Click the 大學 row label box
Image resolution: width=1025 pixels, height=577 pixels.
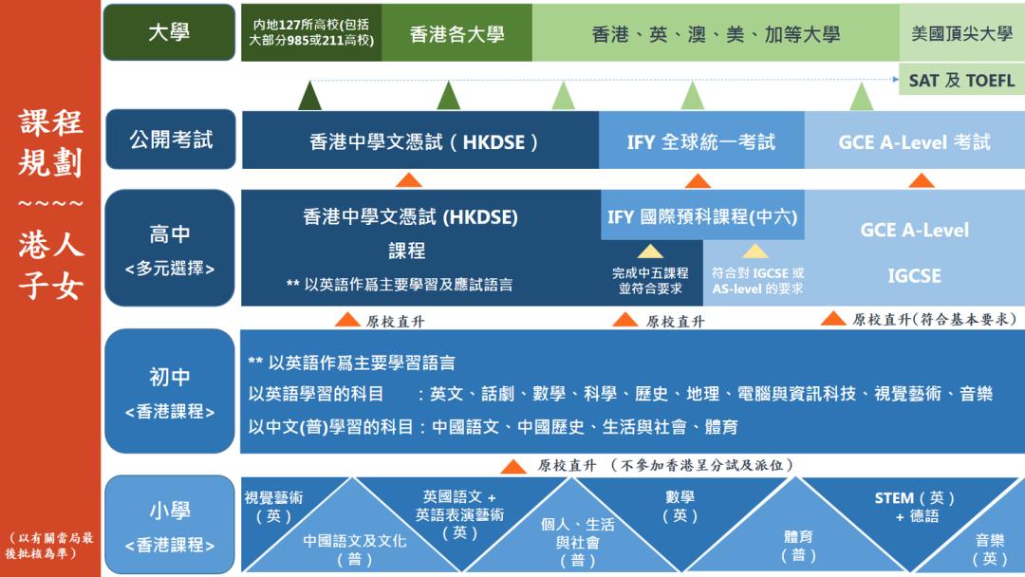pyautogui.click(x=169, y=32)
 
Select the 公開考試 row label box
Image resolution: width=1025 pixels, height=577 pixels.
pyautogui.click(x=170, y=140)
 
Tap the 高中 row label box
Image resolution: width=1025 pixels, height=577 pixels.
pyautogui.click(x=170, y=249)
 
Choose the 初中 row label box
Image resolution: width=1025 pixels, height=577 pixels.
pyautogui.click(x=170, y=391)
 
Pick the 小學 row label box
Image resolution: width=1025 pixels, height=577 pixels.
pyautogui.click(x=170, y=525)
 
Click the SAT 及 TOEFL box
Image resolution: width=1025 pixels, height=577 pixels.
pyautogui.click(x=961, y=80)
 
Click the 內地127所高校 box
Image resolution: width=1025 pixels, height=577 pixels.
pyautogui.click(x=311, y=32)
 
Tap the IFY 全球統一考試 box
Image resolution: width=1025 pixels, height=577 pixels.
pyautogui.click(x=700, y=141)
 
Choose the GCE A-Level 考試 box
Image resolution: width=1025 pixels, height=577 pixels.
pyautogui.click(x=914, y=141)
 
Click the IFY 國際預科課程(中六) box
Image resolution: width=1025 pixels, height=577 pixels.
pyautogui.click(x=701, y=217)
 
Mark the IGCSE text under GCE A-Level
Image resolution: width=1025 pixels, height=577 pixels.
pyautogui.click(x=914, y=275)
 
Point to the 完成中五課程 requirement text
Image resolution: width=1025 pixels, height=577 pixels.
pyautogui.click(x=650, y=280)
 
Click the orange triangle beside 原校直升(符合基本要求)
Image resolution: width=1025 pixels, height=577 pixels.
pyautogui.click(x=832, y=319)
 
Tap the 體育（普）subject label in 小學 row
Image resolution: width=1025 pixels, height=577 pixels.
pyautogui.click(x=798, y=546)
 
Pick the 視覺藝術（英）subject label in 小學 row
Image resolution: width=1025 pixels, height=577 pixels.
pyautogui.click(x=273, y=507)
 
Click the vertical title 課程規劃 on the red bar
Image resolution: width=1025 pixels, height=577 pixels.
pyautogui.click(x=50, y=142)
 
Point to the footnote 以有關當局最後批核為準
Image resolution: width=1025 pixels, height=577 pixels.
pyautogui.click(x=49, y=545)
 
